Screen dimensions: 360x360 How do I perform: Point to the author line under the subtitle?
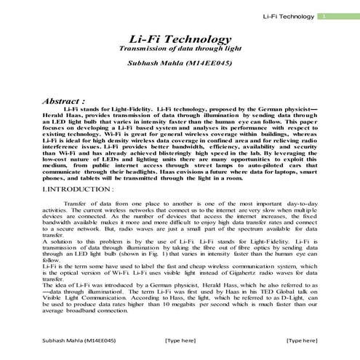click(x=180, y=63)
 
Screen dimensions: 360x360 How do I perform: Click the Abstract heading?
click(x=65, y=101)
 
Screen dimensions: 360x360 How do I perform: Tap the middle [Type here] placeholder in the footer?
click(x=180, y=340)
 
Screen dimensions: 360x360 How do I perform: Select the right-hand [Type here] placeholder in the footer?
click(x=301, y=340)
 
